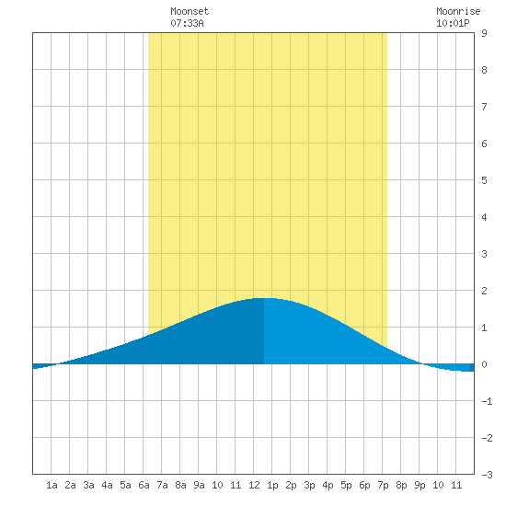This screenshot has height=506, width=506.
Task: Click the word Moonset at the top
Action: coord(190,11)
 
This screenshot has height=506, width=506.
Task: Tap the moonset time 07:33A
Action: coord(187,23)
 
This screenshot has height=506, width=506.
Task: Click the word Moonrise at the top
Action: coord(458,11)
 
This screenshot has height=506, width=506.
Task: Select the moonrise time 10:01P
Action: coord(453,23)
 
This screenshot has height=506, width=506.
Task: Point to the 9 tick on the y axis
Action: coord(484,33)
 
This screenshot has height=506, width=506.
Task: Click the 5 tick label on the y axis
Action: coord(484,180)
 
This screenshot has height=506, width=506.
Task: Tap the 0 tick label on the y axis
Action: coord(484,364)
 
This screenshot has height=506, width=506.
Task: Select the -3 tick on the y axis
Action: coord(487,475)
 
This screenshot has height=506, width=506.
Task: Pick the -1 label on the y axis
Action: coord(487,401)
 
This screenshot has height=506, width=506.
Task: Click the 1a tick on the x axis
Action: coord(52,485)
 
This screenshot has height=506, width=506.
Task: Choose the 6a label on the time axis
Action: coord(144,485)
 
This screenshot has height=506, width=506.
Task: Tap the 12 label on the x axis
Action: coord(254,485)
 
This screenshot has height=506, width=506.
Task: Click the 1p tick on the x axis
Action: coord(272,485)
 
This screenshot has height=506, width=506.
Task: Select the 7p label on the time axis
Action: coord(383,485)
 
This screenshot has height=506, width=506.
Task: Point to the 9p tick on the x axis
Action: coord(420,485)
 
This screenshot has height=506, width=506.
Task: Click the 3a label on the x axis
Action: coord(88,485)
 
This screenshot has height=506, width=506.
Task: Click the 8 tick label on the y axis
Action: coord(484,70)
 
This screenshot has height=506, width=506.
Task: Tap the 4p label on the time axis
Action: coord(328,485)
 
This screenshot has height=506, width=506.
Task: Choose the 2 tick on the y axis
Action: coord(484,291)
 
